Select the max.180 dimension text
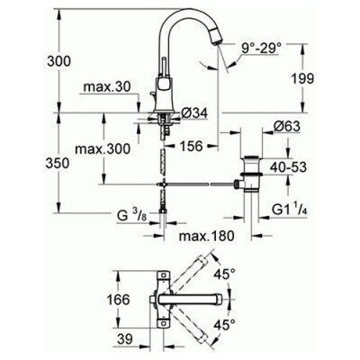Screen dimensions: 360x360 point(197,237)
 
